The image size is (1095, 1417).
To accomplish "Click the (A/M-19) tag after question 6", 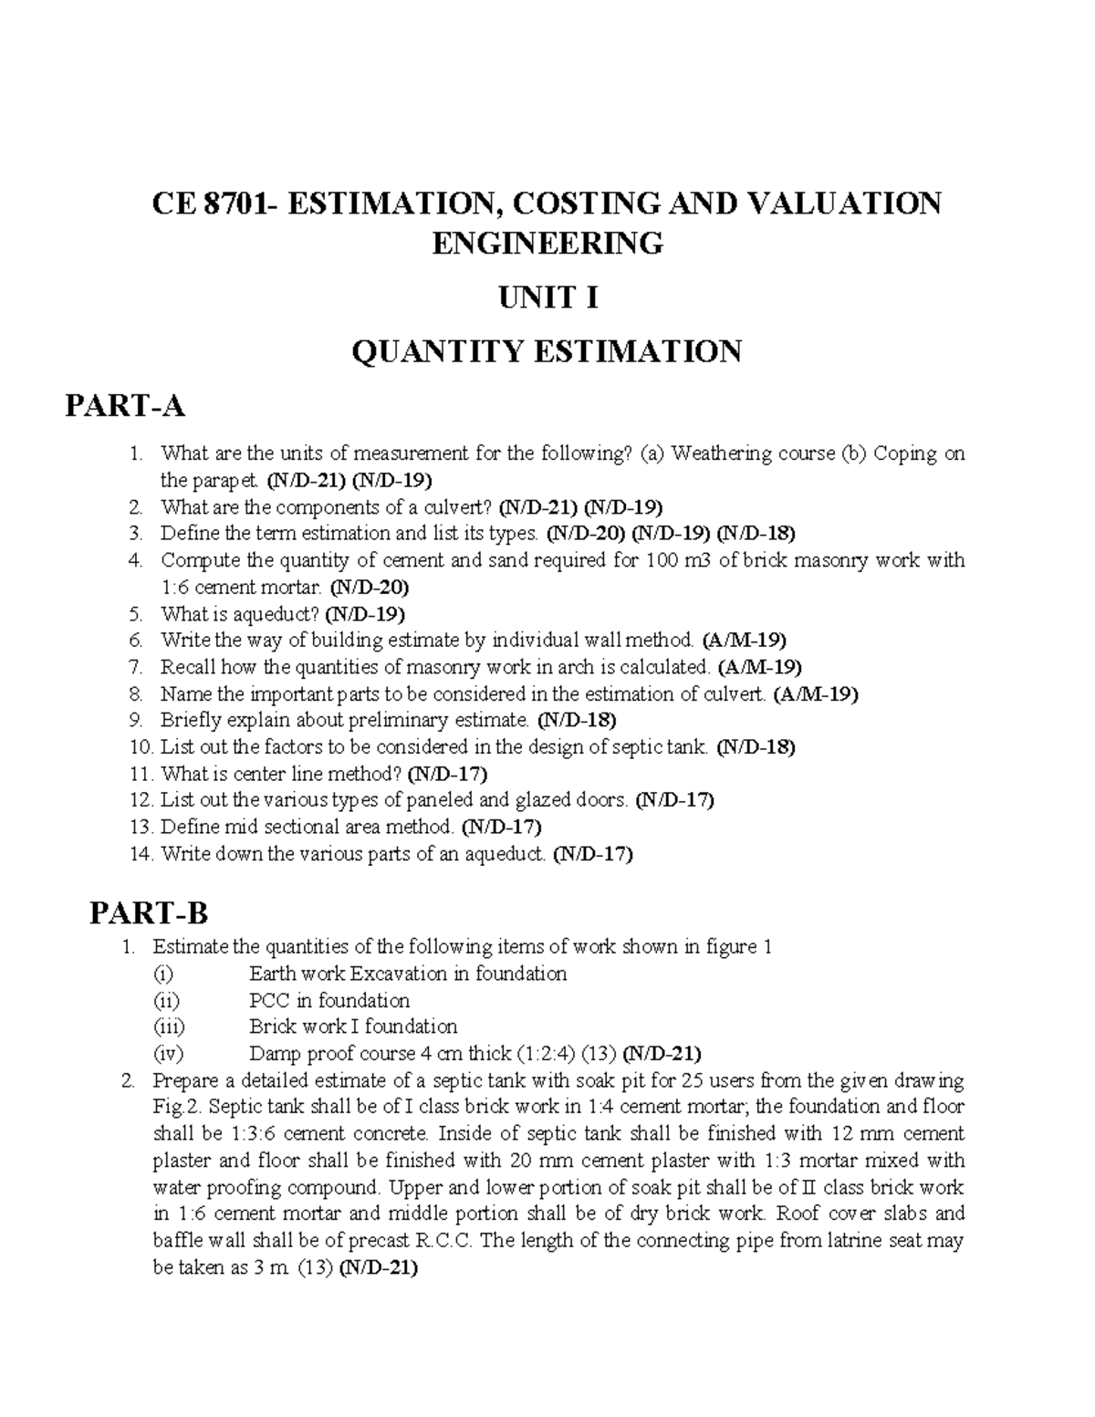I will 744,640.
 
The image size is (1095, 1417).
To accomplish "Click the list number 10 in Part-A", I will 141,747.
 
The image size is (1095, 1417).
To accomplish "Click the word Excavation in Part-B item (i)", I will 399,974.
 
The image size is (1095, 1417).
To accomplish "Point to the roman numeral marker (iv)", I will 168,1054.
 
